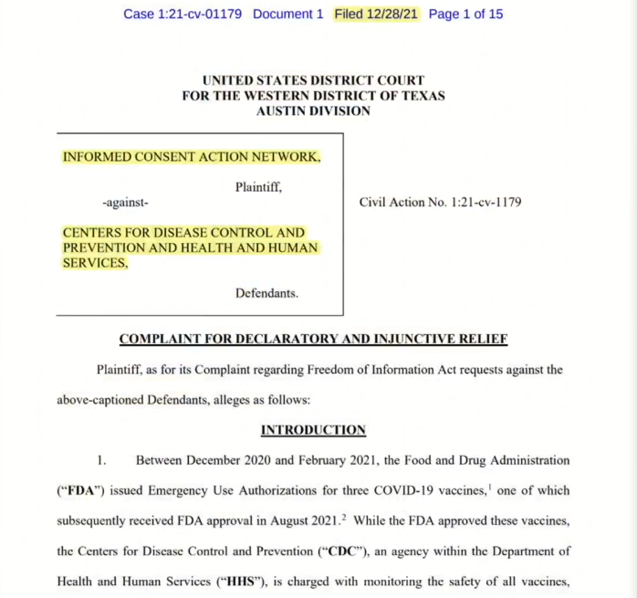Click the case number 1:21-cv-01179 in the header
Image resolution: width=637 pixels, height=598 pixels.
point(202,15)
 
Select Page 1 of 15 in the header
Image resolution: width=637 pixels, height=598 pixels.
point(465,15)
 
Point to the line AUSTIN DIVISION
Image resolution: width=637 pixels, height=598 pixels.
point(313,110)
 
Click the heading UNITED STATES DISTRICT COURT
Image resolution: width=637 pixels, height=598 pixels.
point(313,81)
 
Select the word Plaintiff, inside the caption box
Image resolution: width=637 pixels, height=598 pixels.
point(258,187)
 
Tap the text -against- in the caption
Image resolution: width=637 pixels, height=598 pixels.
point(126,203)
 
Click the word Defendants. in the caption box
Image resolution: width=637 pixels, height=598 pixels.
point(266,293)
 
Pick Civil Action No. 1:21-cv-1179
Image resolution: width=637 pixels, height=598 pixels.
point(440,203)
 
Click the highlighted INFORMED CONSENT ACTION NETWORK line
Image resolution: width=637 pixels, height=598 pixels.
point(191,157)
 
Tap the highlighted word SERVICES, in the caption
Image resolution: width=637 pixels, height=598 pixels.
point(95,263)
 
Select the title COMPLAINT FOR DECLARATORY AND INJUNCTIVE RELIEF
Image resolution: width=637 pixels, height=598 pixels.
point(313,340)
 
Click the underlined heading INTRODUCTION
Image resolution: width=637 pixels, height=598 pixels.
point(313,430)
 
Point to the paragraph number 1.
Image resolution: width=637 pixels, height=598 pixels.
point(102,460)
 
